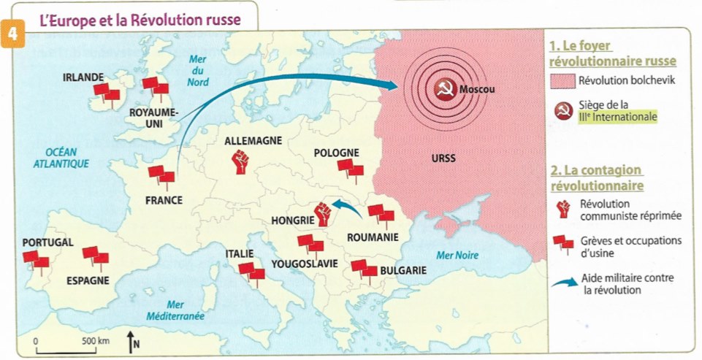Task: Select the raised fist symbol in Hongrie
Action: tap(322, 213)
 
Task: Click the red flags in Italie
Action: tap(251, 273)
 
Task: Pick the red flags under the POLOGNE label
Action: tap(350, 171)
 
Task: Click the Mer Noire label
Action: tap(457, 256)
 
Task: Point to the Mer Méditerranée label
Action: tap(175, 310)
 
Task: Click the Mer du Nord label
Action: tap(198, 71)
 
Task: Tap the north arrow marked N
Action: tap(131, 340)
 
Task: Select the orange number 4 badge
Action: tap(12, 38)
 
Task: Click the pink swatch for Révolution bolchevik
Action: tap(562, 80)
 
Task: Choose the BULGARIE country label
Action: tap(402, 270)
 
